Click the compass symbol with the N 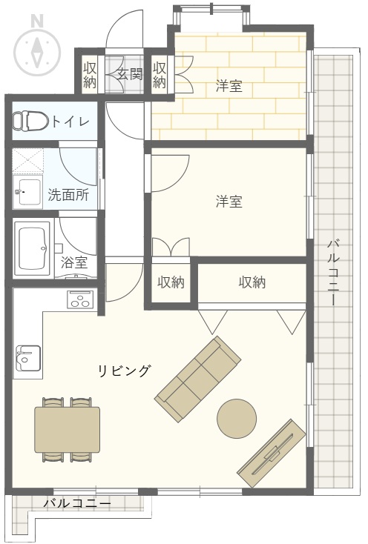(x=37, y=49)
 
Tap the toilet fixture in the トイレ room (x=30, y=121)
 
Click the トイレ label (x=70, y=122)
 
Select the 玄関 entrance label (x=130, y=73)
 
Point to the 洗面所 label (x=68, y=195)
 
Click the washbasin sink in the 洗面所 (x=27, y=192)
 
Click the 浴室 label (x=73, y=262)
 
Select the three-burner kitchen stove (x=81, y=299)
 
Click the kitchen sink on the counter (x=27, y=359)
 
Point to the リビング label (x=125, y=371)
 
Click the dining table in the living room (x=67, y=430)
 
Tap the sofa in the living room (x=198, y=379)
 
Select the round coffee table (x=237, y=418)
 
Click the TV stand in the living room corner (x=272, y=454)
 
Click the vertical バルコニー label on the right (x=333, y=272)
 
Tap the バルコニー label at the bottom (x=77, y=503)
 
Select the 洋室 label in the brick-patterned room (x=229, y=86)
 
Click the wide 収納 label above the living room (x=252, y=282)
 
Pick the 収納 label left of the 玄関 (x=90, y=74)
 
